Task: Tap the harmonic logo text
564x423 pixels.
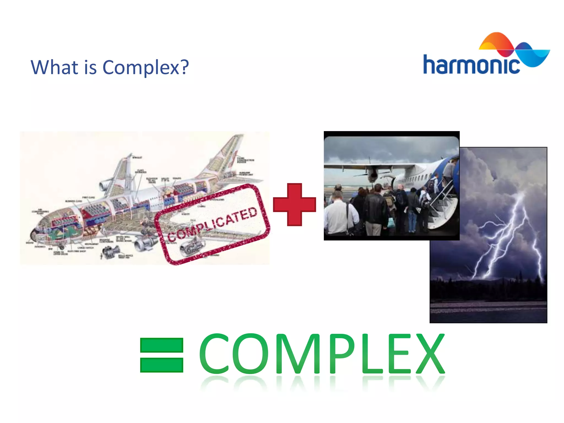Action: click(x=471, y=65)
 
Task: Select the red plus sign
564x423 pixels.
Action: click(x=294, y=205)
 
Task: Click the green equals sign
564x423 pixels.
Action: click(x=162, y=355)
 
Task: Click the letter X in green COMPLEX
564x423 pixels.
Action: click(x=430, y=354)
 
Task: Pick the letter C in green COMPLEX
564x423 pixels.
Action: click(x=214, y=354)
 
